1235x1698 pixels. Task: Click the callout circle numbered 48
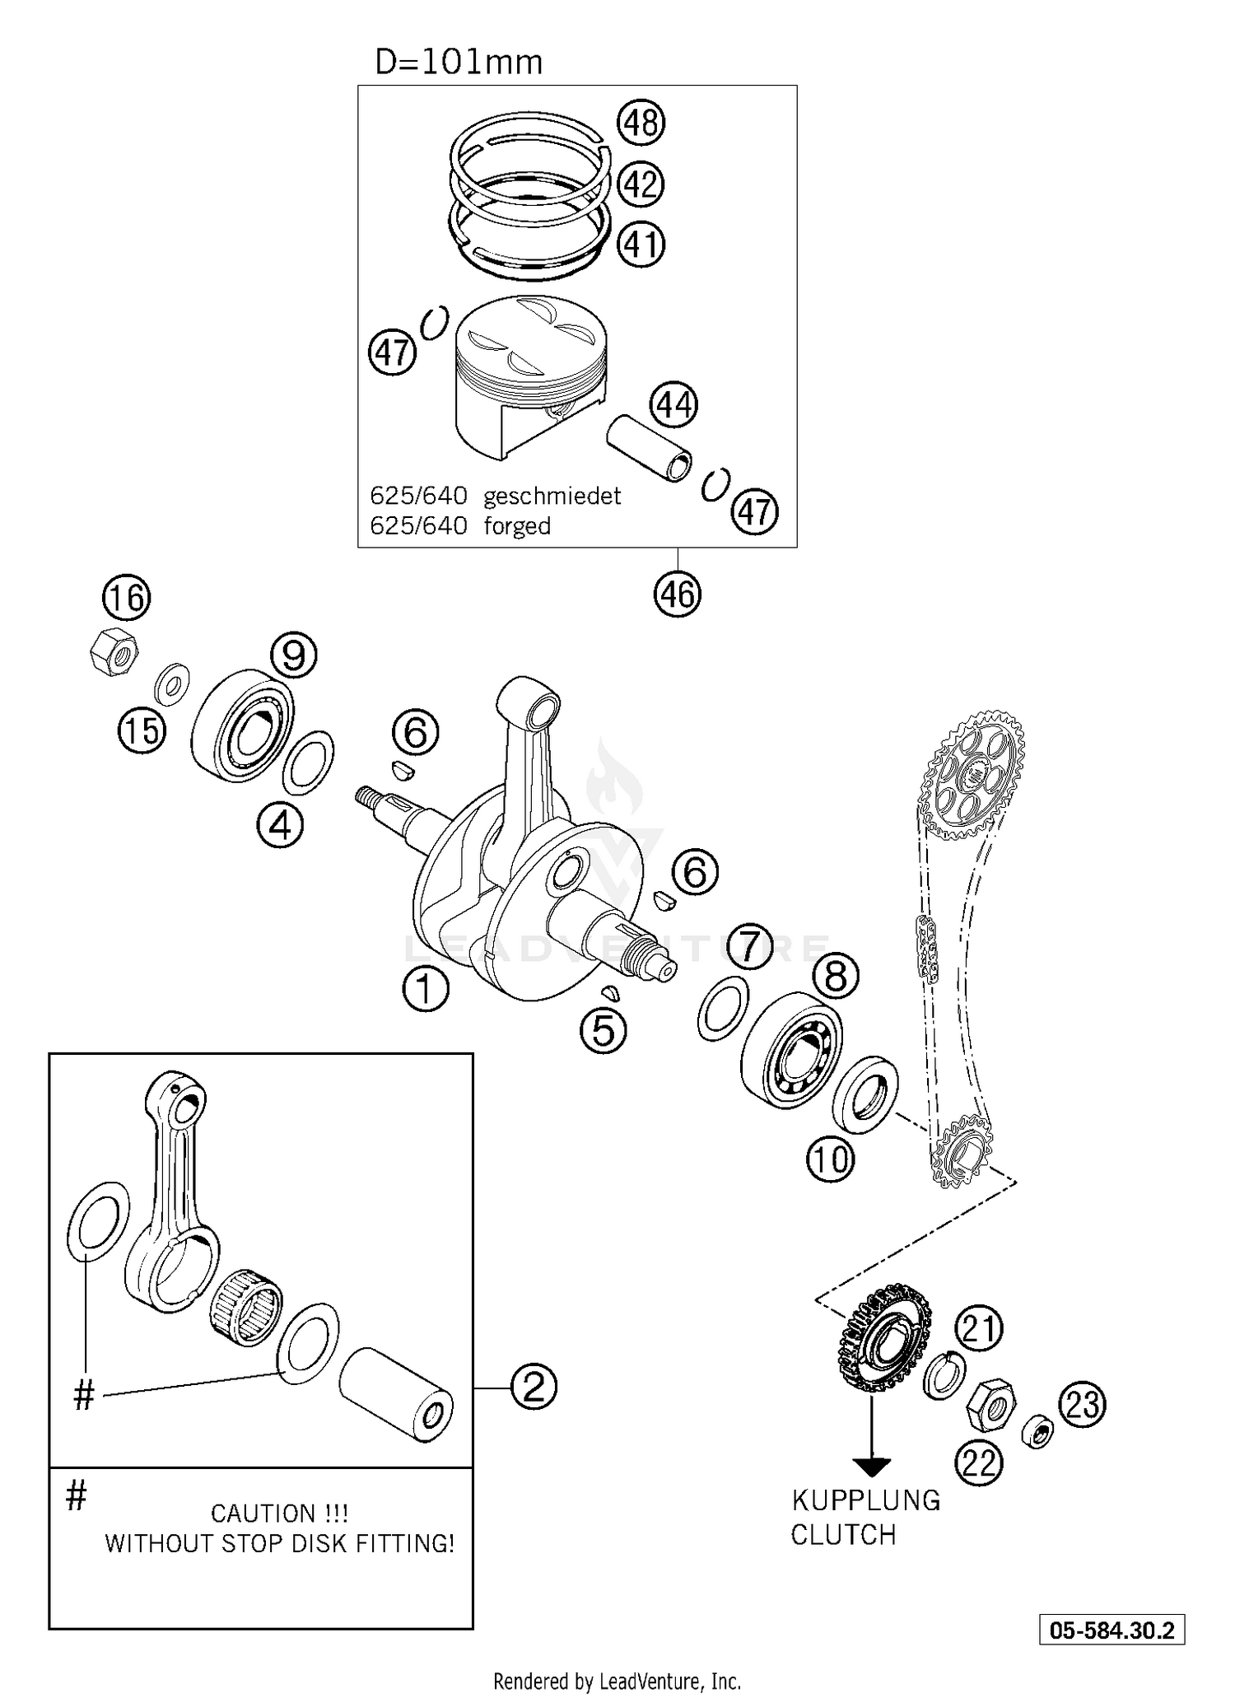pos(641,123)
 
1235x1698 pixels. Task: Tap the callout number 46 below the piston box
pos(677,594)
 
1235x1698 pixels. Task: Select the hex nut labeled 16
pos(113,651)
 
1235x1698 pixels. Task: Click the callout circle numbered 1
pos(426,988)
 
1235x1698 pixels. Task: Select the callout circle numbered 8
pos(836,977)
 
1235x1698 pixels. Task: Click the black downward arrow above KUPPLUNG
pos(872,1467)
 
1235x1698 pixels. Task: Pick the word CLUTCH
pos(843,1535)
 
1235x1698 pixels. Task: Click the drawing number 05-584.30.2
pos(1111,1630)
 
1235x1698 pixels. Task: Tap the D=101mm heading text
pos(459,62)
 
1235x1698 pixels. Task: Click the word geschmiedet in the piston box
pos(552,497)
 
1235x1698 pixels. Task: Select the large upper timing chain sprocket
pos(973,775)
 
